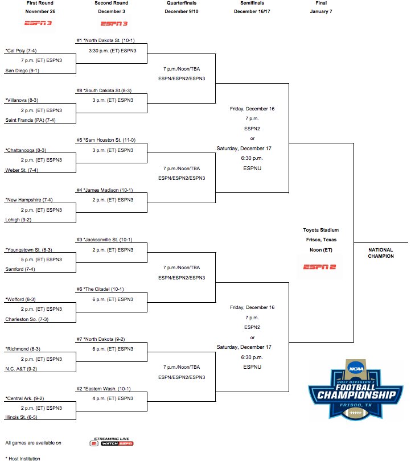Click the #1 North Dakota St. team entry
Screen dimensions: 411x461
(x=105, y=40)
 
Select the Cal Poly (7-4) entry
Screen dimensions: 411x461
(x=21, y=51)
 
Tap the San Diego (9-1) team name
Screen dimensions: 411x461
(x=22, y=71)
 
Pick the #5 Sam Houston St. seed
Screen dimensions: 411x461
(x=106, y=140)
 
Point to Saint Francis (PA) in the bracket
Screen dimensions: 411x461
(x=30, y=120)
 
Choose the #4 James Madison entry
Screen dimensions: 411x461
(x=105, y=190)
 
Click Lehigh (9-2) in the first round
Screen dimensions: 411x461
(x=18, y=220)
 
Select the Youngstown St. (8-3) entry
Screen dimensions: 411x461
(x=28, y=250)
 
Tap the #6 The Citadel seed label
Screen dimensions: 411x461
(x=100, y=289)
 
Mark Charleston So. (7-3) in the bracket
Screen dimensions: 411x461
(x=27, y=319)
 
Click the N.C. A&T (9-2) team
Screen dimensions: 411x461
(x=21, y=369)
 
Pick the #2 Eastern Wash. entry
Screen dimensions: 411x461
(x=104, y=389)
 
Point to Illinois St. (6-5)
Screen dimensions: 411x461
(x=21, y=417)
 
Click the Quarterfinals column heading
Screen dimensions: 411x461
(x=182, y=3)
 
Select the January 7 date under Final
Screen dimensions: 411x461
(x=321, y=11)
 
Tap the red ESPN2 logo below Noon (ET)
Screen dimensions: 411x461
(x=319, y=267)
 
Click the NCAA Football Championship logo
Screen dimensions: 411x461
(x=356, y=389)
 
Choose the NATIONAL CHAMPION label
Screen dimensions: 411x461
(x=381, y=253)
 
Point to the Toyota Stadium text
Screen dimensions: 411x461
(x=320, y=230)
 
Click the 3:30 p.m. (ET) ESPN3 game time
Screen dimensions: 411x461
(x=113, y=51)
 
